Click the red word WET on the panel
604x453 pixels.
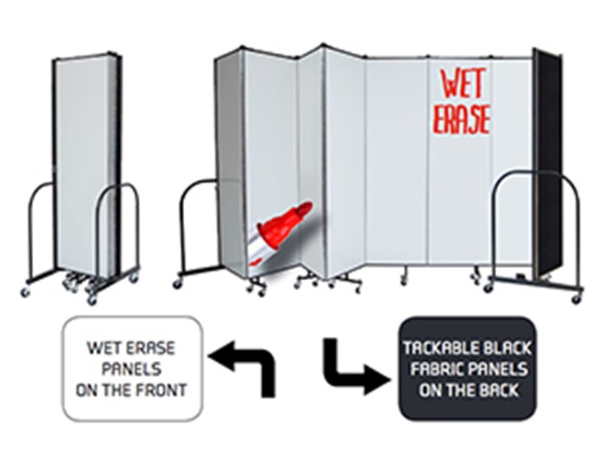(462, 84)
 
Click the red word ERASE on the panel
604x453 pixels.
(462, 119)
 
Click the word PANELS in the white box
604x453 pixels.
(131, 369)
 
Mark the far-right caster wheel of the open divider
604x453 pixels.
(577, 299)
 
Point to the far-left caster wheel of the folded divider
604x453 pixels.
(26, 293)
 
